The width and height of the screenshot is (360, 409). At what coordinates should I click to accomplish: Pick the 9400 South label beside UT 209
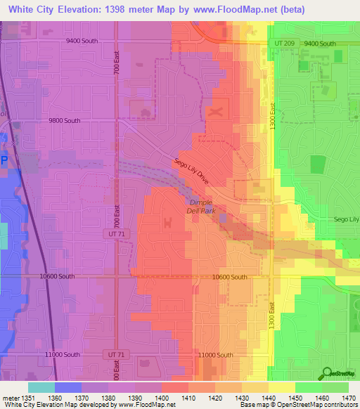click(x=320, y=44)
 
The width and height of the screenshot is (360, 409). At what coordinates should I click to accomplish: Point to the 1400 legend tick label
click(x=162, y=397)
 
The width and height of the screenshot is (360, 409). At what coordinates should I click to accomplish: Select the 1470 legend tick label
click(x=349, y=397)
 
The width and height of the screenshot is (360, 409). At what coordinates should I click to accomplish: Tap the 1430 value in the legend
click(x=241, y=397)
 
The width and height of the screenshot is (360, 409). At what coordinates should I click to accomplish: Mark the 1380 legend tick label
click(x=108, y=397)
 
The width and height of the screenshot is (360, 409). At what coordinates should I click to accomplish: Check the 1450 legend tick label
click(x=295, y=397)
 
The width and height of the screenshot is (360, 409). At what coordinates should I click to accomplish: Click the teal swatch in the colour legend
click(x=41, y=387)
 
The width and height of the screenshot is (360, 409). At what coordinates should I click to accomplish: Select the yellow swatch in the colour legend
click(x=281, y=387)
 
